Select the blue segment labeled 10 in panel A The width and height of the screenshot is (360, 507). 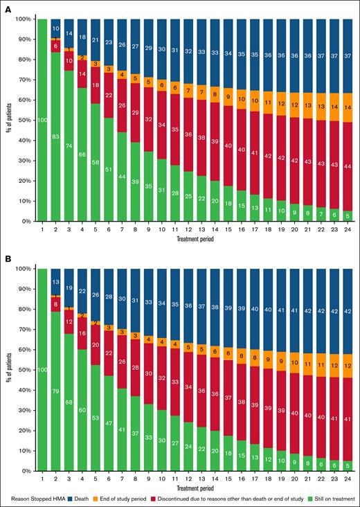[x=56, y=28]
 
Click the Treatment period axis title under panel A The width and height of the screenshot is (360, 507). [x=194, y=238]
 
